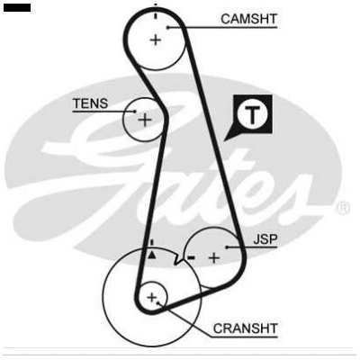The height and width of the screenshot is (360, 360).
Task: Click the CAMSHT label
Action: coord(248,19)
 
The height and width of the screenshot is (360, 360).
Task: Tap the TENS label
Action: coord(91,103)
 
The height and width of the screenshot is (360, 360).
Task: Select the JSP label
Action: coord(265,239)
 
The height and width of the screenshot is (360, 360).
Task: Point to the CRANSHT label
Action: coord(245,328)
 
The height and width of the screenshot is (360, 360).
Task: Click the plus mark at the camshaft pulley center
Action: coord(156,40)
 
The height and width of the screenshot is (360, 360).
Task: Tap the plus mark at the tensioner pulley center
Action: coord(145,121)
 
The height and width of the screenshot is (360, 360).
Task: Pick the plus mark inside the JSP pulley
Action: coord(214,257)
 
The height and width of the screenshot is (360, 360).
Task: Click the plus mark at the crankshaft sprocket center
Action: coord(152,298)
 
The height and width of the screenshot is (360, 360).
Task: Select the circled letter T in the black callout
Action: coord(253,114)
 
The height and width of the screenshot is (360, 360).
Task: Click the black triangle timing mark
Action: coord(152,255)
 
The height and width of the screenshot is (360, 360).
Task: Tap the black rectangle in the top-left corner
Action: coord(17,8)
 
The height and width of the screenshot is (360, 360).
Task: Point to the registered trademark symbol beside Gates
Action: coord(343,209)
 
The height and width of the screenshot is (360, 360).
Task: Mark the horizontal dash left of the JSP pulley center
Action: coord(191,257)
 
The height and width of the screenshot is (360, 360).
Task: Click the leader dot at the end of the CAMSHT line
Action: coord(168,28)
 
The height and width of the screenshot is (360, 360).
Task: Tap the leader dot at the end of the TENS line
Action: coord(135,112)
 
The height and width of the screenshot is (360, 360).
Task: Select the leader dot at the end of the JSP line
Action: coord(227,247)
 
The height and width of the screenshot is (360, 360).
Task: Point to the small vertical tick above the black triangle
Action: coord(152,242)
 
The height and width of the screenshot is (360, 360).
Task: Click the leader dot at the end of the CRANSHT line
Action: coord(157,303)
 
